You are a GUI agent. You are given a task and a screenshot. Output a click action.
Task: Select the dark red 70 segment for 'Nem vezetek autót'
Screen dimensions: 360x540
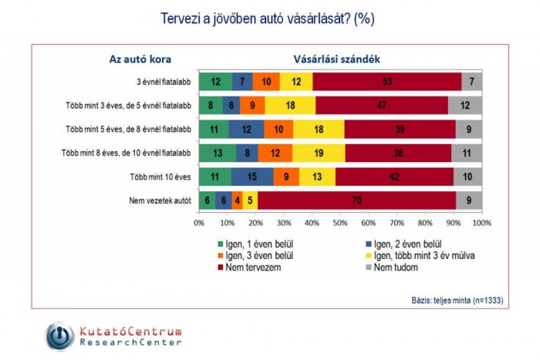(x=357, y=200)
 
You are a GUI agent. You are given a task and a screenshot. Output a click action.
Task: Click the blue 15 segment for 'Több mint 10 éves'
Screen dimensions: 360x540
(x=251, y=177)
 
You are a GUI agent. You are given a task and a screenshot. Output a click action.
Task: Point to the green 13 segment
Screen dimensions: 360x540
(x=217, y=153)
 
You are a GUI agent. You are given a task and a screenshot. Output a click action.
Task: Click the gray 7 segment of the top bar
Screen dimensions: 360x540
(x=471, y=81)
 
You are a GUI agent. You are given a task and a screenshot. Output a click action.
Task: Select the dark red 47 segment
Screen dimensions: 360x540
(x=381, y=105)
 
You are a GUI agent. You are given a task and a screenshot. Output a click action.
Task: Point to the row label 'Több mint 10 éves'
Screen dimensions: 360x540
(x=161, y=177)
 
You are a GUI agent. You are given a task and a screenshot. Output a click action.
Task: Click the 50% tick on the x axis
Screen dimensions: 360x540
(x=340, y=223)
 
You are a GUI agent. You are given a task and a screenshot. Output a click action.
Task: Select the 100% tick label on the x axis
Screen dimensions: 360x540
(x=481, y=223)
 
